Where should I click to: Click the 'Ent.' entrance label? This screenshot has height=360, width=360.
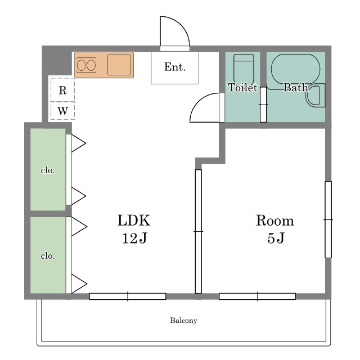point(175,67)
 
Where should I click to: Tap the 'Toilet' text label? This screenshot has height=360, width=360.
point(242,88)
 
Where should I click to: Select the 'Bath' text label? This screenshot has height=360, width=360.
point(295,88)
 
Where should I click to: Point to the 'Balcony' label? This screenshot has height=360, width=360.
point(184,321)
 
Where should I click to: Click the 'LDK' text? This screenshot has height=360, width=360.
point(134,220)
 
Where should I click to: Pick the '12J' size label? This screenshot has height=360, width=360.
point(134,238)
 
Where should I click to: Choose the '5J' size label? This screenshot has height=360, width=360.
point(276,238)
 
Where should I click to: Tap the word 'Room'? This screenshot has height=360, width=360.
point(275,220)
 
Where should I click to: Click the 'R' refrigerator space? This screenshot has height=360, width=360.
point(62,90)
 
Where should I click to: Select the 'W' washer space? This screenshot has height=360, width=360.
point(62,111)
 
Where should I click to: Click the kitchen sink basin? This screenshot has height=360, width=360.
point(119,65)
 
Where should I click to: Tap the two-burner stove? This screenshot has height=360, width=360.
point(86,65)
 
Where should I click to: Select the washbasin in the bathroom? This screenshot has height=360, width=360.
point(316,96)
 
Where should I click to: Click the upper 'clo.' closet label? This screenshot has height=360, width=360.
point(48,170)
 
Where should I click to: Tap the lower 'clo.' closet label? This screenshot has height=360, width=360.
point(48,256)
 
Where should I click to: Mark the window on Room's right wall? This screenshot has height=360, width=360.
point(328,220)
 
